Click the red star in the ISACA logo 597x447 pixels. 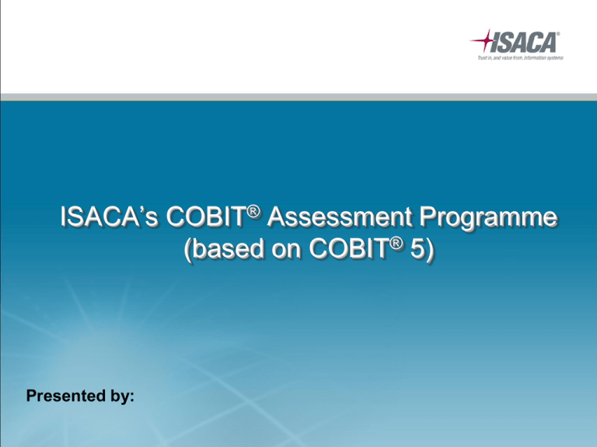tap(484, 40)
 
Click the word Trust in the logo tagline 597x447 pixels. tap(483, 57)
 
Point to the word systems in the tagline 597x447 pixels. tap(555, 57)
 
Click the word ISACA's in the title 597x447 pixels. tap(109, 217)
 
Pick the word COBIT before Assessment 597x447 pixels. tap(206, 217)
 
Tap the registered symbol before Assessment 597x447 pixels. tap(253, 211)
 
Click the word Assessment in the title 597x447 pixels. tap(340, 217)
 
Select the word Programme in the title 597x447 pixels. tap(488, 219)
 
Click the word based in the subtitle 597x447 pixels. tap(228, 249)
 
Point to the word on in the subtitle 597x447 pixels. tap(286, 251)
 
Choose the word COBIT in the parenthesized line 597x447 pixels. tap(349, 249)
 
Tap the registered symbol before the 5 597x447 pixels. tap(396, 244)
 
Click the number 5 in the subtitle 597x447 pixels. tap(417, 249)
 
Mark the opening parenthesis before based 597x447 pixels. tap(187, 250)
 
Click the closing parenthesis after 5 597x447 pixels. tap(429, 250)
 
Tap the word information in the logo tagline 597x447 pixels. tap(535, 57)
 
